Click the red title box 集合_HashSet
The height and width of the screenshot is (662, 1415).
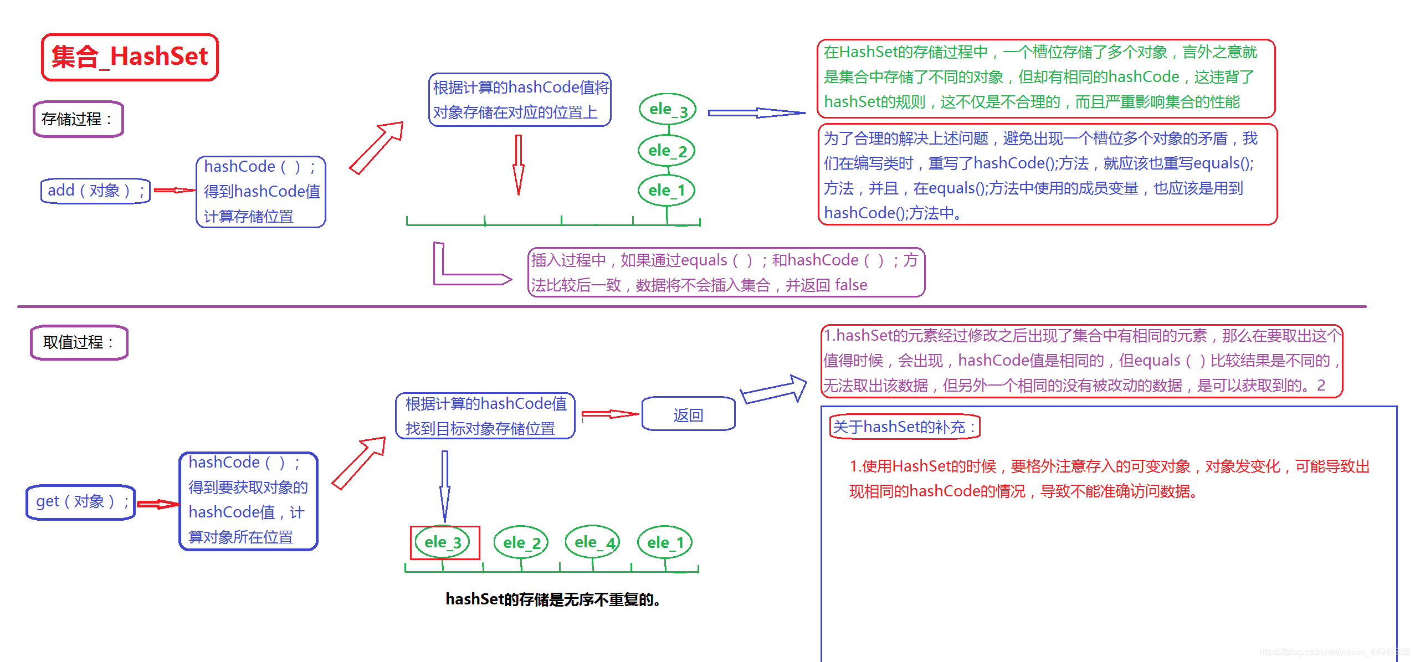[130, 57]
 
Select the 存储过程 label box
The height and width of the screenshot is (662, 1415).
[78, 119]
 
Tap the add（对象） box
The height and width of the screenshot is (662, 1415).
[95, 191]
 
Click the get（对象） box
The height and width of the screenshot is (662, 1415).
[81, 502]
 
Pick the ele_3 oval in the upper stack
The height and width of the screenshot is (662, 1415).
[667, 109]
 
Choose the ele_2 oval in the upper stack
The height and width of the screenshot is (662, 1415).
[667, 150]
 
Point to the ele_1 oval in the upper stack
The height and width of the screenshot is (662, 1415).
[667, 191]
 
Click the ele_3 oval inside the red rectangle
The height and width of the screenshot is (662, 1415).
[443, 542]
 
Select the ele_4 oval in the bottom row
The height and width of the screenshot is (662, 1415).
[592, 542]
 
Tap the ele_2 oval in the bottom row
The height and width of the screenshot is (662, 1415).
[521, 542]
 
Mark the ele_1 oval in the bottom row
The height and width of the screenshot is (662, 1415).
[665, 542]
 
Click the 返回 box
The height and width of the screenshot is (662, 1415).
[688, 414]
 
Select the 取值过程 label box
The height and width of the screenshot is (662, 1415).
[79, 342]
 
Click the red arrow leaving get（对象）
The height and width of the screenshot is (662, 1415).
[157, 504]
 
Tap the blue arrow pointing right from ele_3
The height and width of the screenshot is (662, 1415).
[756, 113]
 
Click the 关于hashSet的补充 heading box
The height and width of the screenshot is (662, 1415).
[904, 427]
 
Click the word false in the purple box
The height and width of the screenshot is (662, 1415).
[851, 285]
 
